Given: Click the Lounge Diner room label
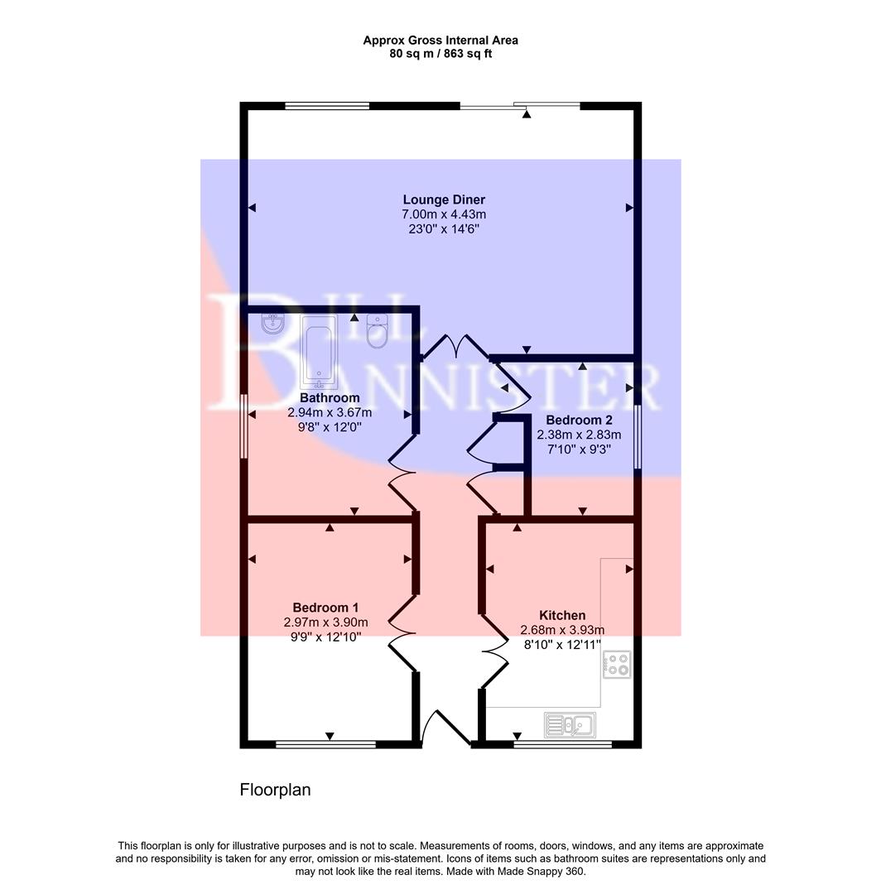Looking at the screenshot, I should coord(444,199).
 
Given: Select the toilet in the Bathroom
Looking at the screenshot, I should coord(378,330).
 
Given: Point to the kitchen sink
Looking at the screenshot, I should coord(569,725).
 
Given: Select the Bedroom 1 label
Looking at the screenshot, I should coord(325,607).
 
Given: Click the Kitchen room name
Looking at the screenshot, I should coord(562,615).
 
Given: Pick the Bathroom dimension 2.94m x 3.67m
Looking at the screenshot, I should coord(330,412).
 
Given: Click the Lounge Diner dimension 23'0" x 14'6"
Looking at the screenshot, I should coord(444,228).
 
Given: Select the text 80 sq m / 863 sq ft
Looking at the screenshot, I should coord(440,54).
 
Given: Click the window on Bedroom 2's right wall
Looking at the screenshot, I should coord(638,437).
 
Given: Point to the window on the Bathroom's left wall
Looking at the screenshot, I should coord(243,425).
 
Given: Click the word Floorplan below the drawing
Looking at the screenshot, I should coord(275,790).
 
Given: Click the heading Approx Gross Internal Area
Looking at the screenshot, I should coord(440,40).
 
